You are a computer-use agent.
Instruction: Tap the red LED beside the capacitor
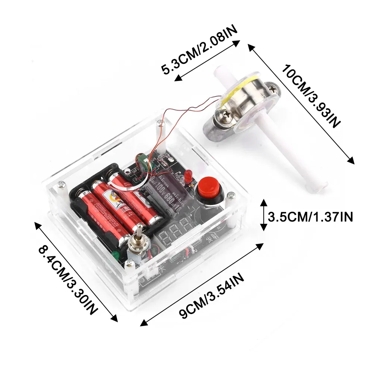pos(187,176)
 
